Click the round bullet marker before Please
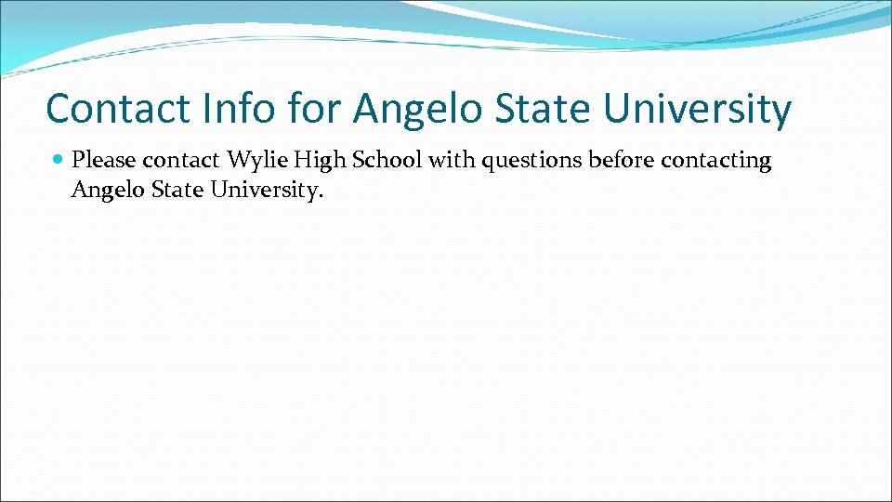coord(59,161)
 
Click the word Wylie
coord(256,161)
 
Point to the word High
coord(317,161)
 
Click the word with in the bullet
coord(452,161)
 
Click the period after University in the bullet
coord(321,195)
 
